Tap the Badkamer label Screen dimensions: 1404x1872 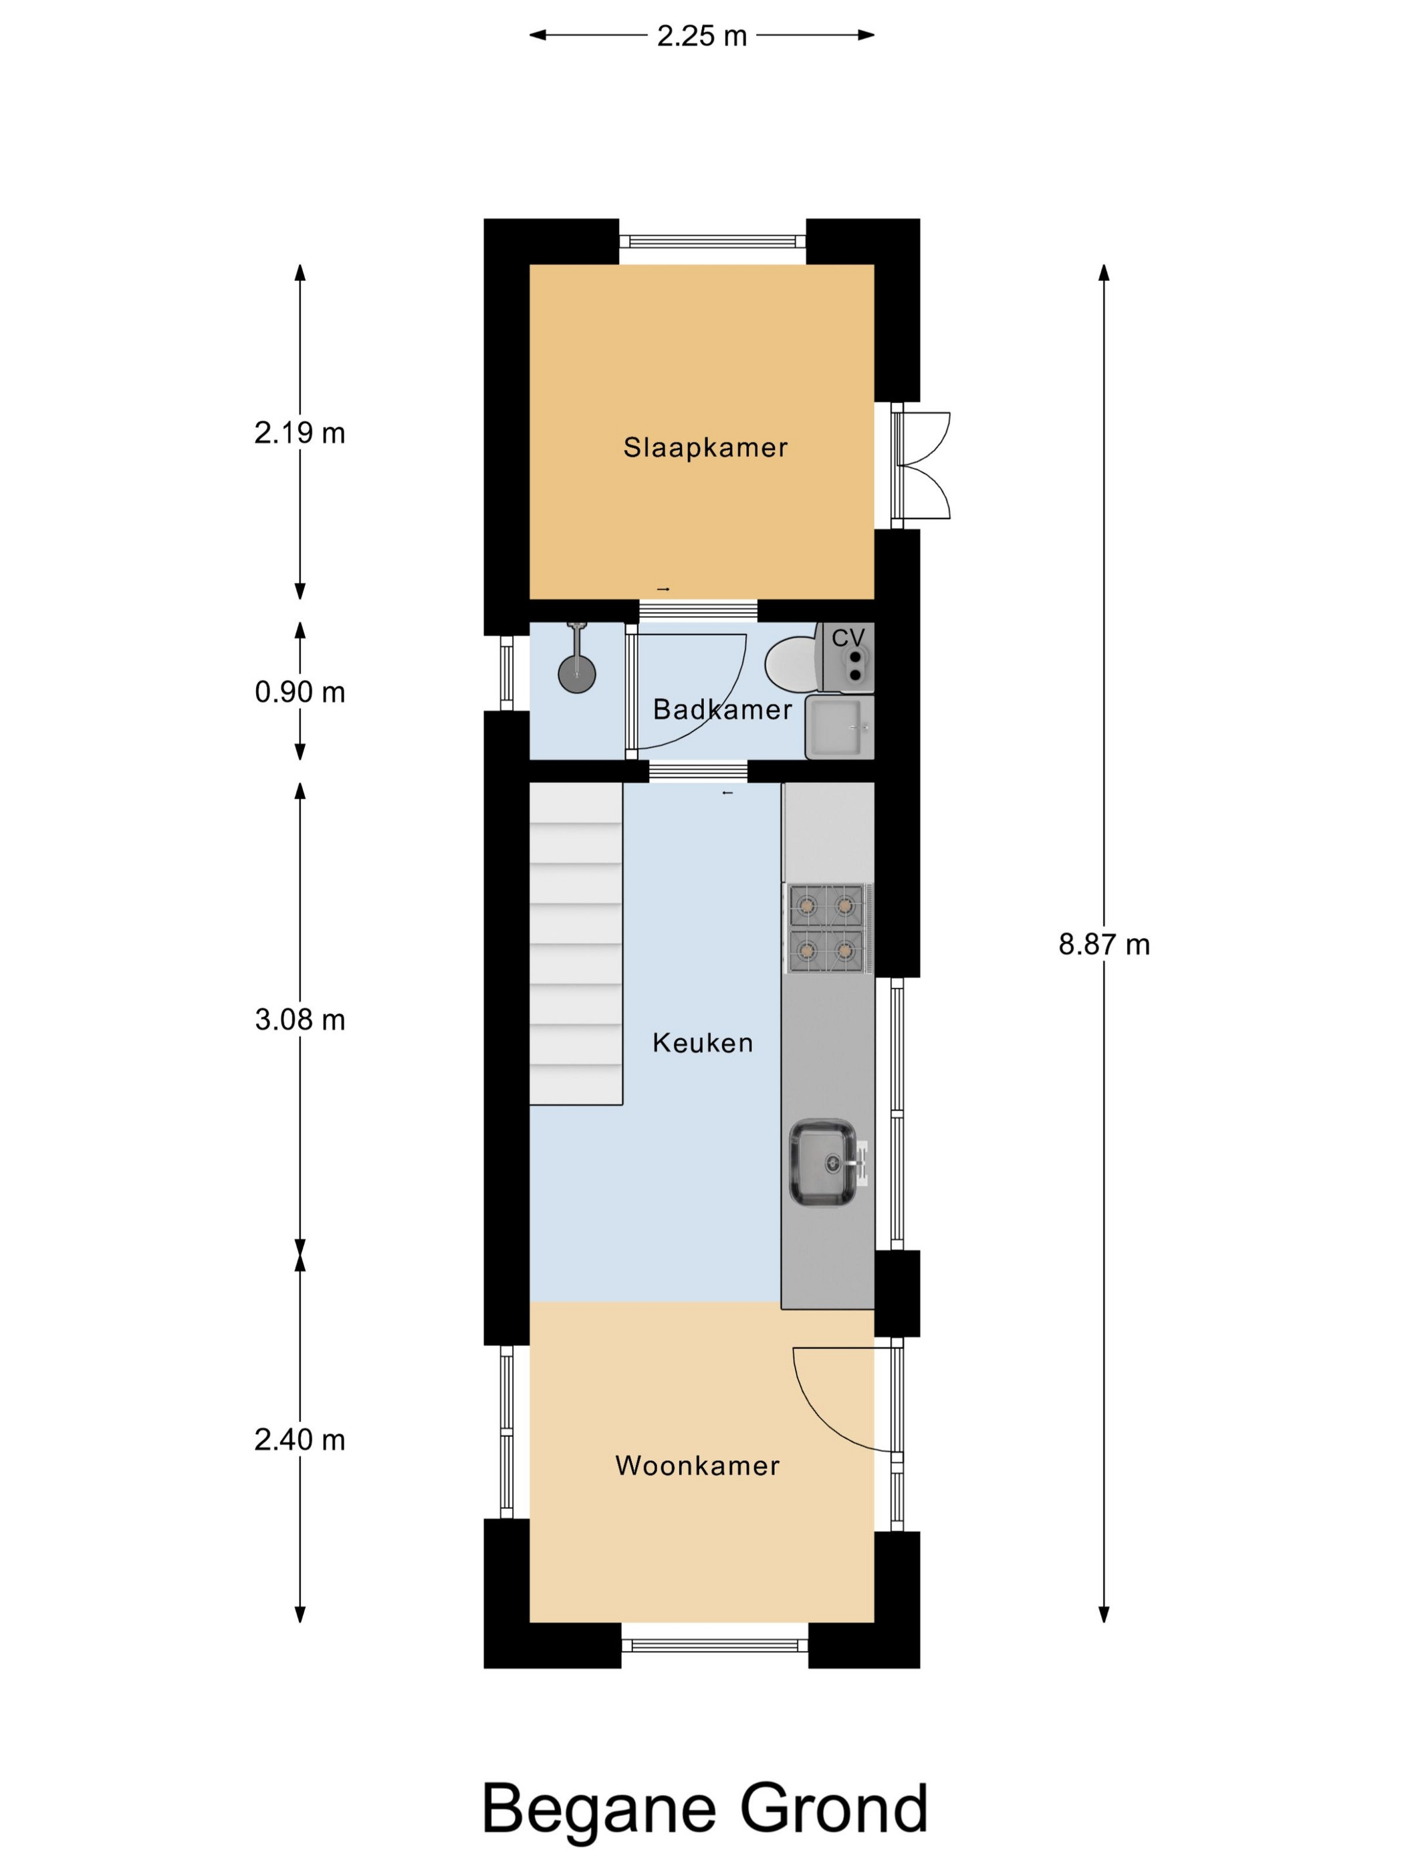tap(722, 709)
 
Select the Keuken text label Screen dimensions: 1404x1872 tap(703, 1042)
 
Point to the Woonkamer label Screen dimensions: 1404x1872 tap(697, 1465)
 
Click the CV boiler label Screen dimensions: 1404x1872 tap(848, 637)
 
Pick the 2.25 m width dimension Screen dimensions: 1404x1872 tap(701, 35)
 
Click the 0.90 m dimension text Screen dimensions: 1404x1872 tap(300, 692)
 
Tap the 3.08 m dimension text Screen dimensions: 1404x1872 tap(300, 1020)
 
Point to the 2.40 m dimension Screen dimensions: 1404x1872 tap(300, 1439)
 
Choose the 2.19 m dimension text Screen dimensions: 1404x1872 tap(300, 433)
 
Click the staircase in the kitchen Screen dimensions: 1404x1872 tap(576, 943)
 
